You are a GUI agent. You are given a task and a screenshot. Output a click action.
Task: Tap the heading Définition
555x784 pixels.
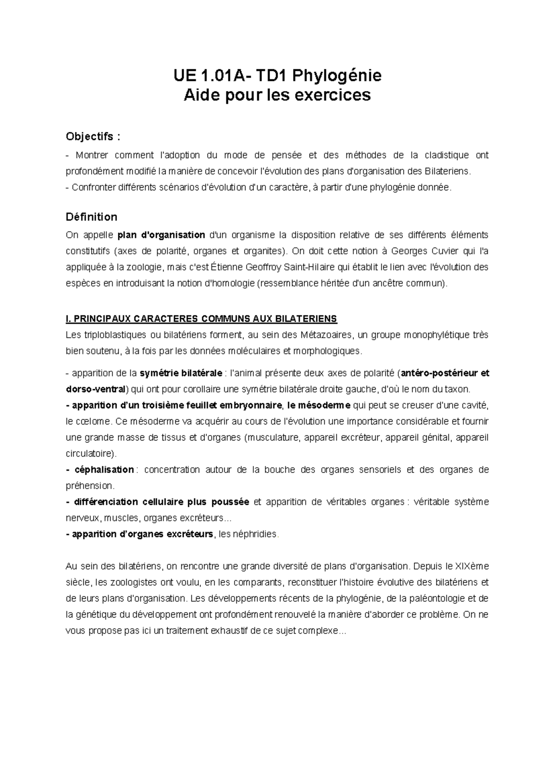(x=91, y=217)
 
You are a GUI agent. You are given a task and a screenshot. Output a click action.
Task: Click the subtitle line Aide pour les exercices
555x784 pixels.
(x=277, y=95)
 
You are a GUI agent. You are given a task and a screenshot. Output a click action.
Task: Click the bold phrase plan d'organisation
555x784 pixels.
(x=161, y=235)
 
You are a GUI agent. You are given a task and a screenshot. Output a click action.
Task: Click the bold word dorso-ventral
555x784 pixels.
(x=96, y=389)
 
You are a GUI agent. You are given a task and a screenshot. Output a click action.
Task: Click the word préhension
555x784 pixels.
(x=89, y=486)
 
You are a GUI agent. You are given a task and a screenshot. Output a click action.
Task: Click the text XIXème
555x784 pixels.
(x=472, y=566)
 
